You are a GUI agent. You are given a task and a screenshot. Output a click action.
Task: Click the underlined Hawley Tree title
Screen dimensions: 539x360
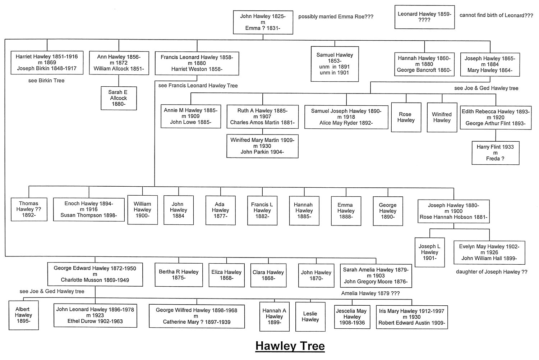pos(290,346)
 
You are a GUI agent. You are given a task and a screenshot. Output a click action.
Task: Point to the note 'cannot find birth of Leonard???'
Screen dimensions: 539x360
pos(496,15)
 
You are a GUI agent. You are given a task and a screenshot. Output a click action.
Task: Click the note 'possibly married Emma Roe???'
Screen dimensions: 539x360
pos(336,17)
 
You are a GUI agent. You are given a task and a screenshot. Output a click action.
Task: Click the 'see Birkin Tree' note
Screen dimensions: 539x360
pos(46,81)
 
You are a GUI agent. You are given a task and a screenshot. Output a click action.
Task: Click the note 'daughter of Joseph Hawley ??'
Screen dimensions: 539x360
pos(492,272)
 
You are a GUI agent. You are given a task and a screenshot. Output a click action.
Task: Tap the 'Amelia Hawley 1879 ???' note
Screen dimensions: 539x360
pos(370,293)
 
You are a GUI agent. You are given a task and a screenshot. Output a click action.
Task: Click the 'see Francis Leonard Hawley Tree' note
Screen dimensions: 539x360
pos(198,86)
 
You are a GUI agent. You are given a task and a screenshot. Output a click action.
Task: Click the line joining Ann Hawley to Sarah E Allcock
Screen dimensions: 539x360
pos(119,81)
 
